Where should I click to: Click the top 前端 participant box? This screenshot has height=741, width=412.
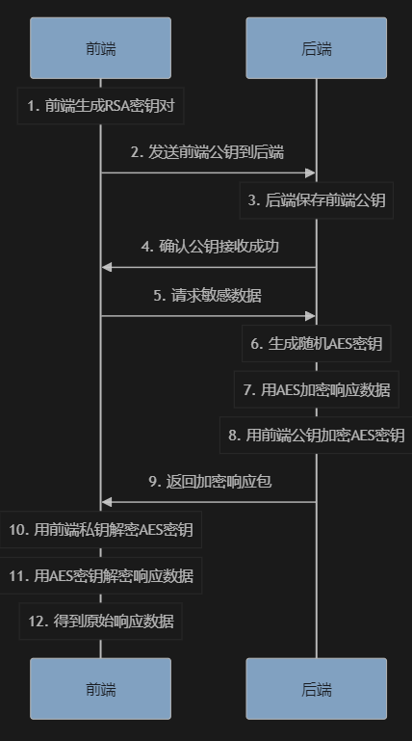[x=100, y=48]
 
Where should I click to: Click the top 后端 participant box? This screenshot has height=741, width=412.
[x=316, y=48]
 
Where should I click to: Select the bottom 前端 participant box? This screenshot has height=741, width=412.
[x=100, y=689]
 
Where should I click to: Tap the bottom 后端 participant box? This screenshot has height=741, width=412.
[x=316, y=689]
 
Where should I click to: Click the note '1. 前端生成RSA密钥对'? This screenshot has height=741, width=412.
[x=100, y=106]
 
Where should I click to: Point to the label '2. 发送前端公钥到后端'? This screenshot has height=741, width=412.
[x=208, y=152]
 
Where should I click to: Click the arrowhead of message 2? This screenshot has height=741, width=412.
[x=311, y=172]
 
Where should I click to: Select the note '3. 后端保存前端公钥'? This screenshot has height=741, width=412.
[x=316, y=200]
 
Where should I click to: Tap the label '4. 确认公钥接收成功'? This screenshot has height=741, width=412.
[x=210, y=247]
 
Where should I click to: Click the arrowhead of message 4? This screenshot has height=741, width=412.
[x=107, y=268]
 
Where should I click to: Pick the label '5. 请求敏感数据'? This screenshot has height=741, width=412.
[x=208, y=296]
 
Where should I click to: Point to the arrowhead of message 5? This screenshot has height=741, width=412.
[x=311, y=316]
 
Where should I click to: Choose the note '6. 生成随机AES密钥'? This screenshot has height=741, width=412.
[x=316, y=344]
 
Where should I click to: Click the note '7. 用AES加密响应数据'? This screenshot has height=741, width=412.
[x=316, y=390]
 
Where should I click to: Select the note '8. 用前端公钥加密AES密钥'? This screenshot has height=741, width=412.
[x=316, y=436]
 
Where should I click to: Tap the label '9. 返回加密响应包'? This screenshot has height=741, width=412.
[x=211, y=481]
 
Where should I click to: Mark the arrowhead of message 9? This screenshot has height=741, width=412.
[x=107, y=502]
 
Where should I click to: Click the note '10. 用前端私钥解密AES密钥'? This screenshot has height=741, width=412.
[x=100, y=529]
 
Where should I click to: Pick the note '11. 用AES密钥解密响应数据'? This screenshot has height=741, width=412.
[x=100, y=575]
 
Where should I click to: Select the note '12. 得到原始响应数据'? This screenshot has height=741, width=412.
[x=100, y=621]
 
